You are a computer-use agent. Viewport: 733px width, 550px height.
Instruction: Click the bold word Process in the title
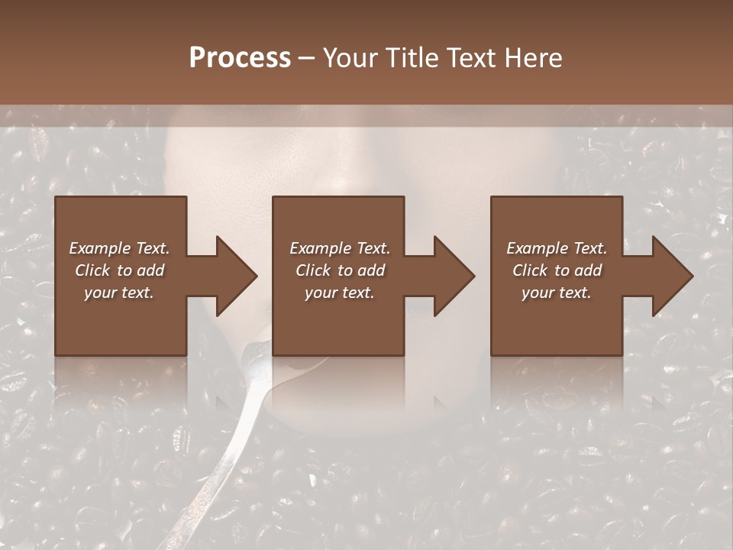pos(240,58)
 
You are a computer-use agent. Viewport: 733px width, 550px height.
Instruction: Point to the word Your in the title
pos(349,58)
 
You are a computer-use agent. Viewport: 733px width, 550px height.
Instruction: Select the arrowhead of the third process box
pos(671,276)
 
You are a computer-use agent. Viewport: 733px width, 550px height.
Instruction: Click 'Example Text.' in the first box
pos(119,248)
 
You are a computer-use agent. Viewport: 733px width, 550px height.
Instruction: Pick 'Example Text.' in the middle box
pos(340,248)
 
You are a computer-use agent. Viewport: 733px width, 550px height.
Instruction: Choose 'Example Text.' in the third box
pos(557,248)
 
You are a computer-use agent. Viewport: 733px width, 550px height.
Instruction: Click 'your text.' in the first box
pos(119,293)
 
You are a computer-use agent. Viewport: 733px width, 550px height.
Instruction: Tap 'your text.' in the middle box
pos(340,293)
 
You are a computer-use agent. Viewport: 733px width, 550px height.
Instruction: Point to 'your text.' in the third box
pos(557,293)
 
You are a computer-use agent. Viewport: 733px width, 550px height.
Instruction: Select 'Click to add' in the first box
pos(119,270)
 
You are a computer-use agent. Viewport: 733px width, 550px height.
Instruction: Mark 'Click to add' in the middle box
pos(340,270)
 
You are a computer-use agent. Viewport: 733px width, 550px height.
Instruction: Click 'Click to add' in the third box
pos(557,270)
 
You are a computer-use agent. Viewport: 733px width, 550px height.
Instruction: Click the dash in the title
pos(307,59)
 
